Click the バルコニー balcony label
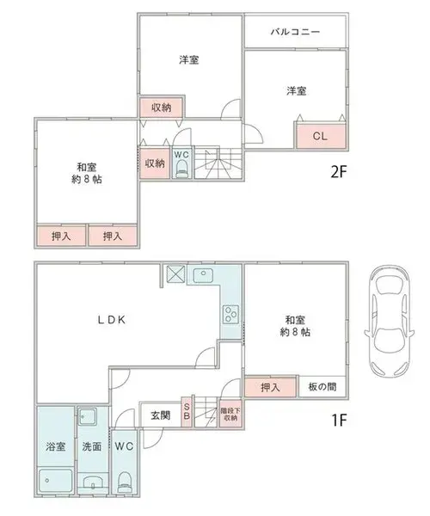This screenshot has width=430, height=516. (295, 32)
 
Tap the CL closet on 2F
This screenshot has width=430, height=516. (321, 136)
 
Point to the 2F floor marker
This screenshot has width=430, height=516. (339, 172)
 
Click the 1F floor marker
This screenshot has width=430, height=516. (339, 420)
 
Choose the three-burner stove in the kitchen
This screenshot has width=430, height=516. (230, 314)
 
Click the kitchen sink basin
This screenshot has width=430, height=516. (203, 275)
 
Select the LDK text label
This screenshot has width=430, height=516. (112, 320)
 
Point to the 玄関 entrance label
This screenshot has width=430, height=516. (161, 415)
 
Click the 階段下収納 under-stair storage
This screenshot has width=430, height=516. (230, 414)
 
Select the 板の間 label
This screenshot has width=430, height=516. (322, 387)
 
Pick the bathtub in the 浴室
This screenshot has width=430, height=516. (55, 480)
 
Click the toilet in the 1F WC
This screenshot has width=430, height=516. (125, 482)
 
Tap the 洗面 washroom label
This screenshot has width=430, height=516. (92, 446)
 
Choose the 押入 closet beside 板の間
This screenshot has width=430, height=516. (270, 387)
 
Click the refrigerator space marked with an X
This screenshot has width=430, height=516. (176, 273)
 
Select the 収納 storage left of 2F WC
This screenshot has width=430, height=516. (155, 163)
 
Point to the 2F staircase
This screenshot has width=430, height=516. (218, 163)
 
